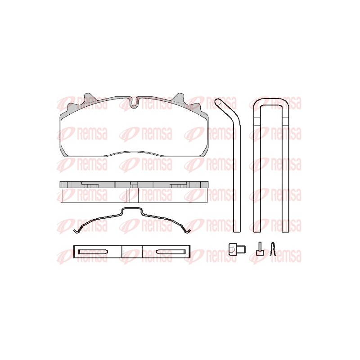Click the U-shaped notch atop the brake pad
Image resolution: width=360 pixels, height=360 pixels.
click(134, 102)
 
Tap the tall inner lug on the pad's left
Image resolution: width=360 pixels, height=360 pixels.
click(88, 97)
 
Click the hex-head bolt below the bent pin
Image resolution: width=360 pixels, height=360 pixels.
click(237, 249)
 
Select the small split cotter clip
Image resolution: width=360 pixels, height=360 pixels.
click(273, 249)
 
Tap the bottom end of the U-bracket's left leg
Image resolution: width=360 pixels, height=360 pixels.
click(257, 231)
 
